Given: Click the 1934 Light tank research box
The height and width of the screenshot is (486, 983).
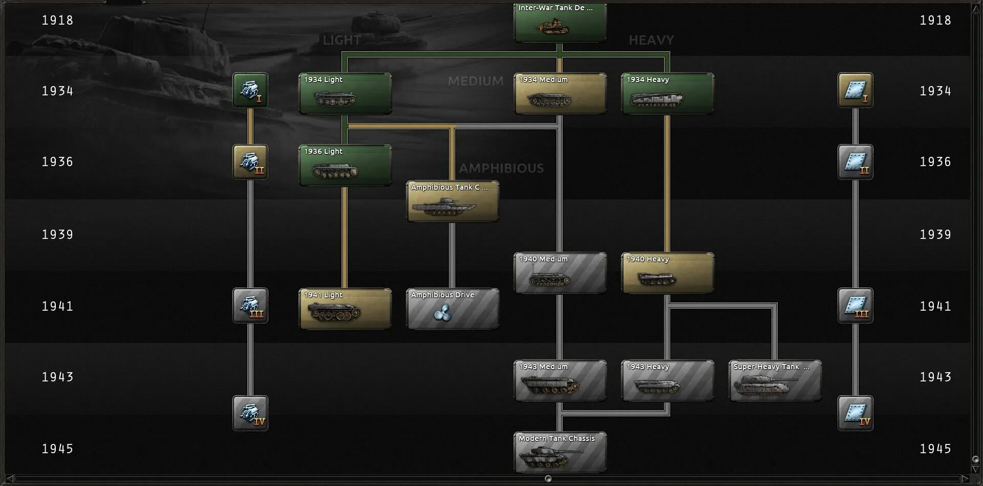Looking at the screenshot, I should (x=345, y=94).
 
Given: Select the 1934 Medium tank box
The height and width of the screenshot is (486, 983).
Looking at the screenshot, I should (x=560, y=94).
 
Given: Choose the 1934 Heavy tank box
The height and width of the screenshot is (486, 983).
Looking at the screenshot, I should (x=667, y=94).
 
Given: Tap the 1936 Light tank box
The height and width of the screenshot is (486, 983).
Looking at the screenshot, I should (x=345, y=166).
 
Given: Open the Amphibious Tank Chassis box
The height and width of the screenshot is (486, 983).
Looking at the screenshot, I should (x=452, y=201).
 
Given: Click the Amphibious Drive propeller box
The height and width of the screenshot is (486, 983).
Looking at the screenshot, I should (x=452, y=309).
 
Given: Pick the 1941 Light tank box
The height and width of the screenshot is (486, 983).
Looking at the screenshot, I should (x=345, y=309).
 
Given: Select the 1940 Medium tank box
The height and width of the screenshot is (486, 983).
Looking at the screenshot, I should (x=560, y=273).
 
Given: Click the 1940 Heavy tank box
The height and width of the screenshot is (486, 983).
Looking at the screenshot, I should (x=667, y=273).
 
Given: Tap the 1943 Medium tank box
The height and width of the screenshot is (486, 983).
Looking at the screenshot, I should (x=560, y=381).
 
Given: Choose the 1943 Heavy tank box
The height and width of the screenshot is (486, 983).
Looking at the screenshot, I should (x=667, y=381).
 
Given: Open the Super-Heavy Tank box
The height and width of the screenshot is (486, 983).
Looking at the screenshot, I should (x=775, y=381).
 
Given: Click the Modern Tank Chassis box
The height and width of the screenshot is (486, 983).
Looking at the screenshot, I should (x=560, y=452).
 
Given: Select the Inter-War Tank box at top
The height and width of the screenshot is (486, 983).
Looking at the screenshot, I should (x=560, y=23).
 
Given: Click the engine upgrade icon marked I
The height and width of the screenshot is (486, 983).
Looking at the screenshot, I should (x=250, y=90).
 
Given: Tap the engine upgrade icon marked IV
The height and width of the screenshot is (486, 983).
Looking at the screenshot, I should (x=250, y=413).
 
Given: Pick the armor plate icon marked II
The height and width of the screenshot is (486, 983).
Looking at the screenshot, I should (x=855, y=162).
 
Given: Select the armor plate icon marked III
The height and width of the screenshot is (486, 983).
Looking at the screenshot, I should (x=855, y=306).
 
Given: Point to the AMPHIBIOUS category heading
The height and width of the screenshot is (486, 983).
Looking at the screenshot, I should (x=501, y=168).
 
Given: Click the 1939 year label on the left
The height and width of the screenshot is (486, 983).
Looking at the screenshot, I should (x=57, y=235).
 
